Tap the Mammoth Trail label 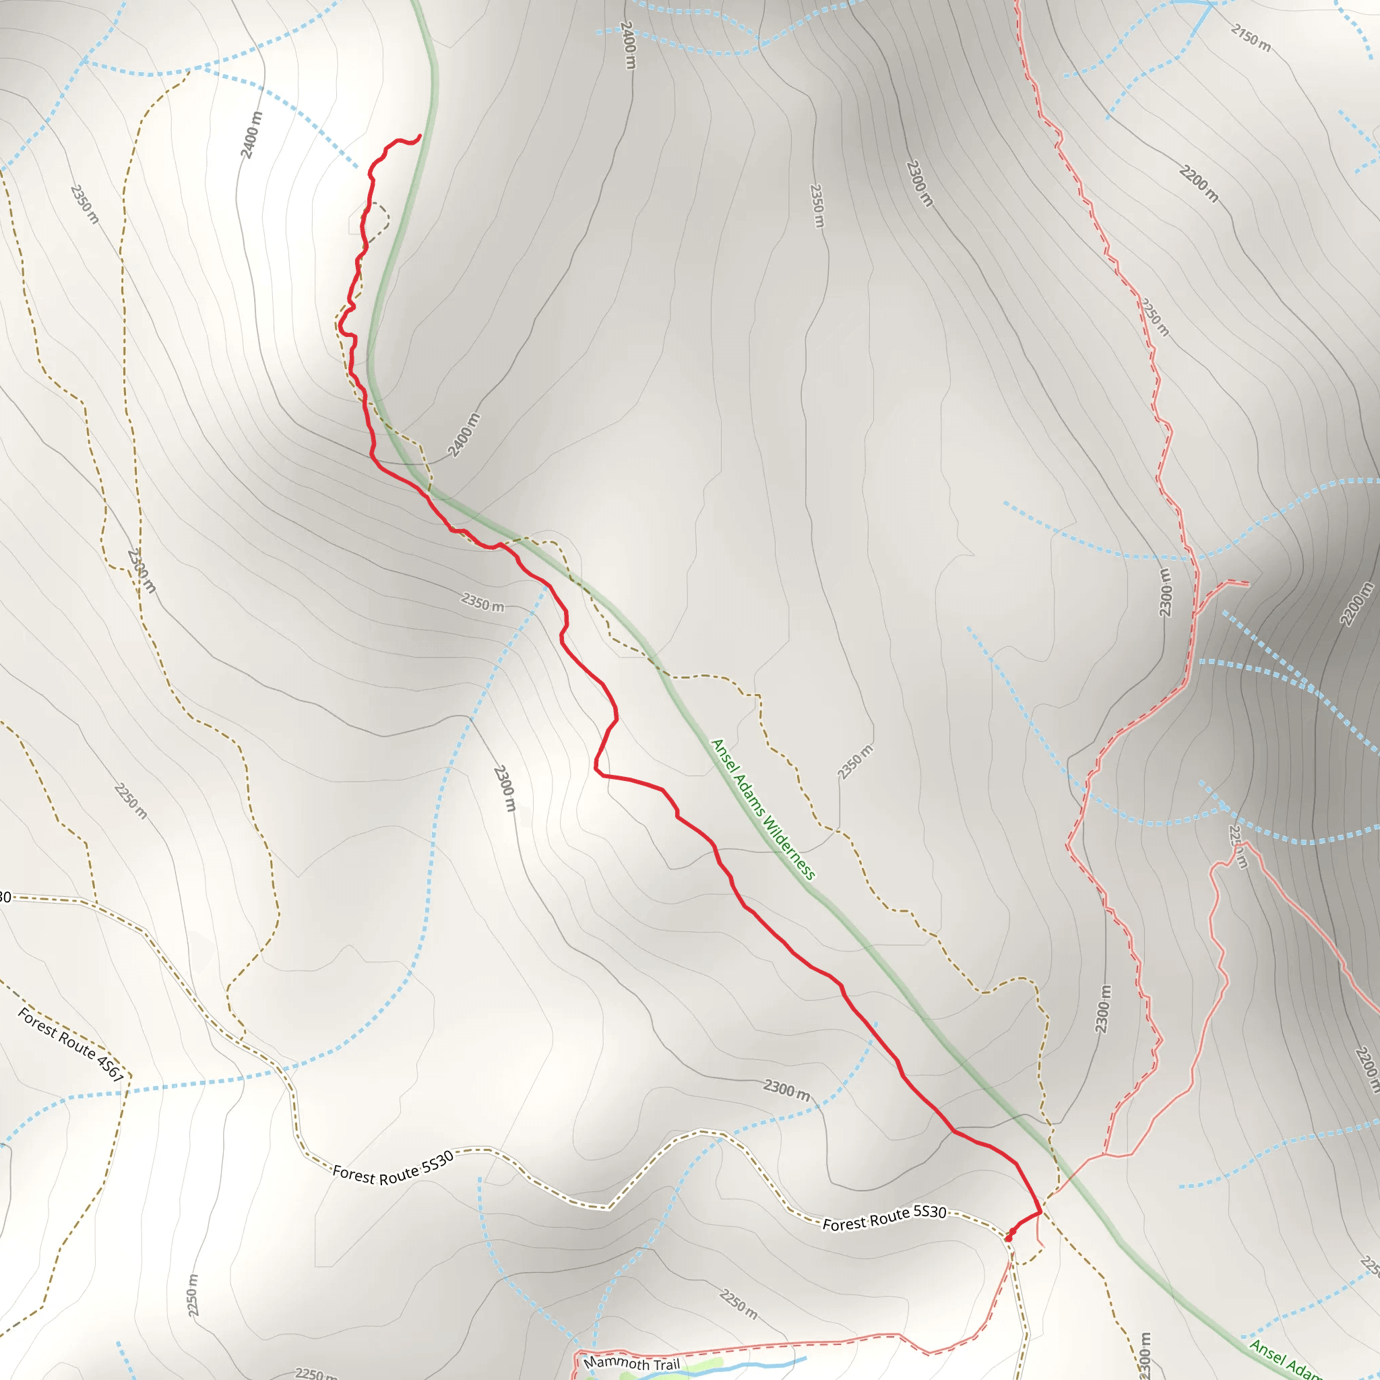click(631, 1363)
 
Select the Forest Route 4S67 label click(71, 1044)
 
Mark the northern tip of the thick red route click(420, 135)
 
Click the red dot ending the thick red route click(1008, 1238)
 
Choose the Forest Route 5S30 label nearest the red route click(884, 1218)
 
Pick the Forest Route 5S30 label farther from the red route click(393, 1168)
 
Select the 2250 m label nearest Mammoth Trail click(739, 1305)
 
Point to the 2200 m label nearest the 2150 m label click(1199, 183)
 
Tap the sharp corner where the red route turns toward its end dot click(1039, 1212)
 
